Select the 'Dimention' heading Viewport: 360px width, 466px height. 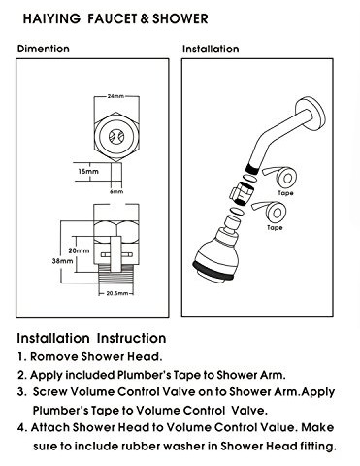pyautogui.click(x=43, y=48)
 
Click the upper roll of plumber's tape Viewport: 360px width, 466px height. pyautogui.click(x=285, y=179)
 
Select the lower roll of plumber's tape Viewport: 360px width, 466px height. pyautogui.click(x=279, y=214)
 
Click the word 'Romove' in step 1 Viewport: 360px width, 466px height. pyautogui.click(x=60, y=356)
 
